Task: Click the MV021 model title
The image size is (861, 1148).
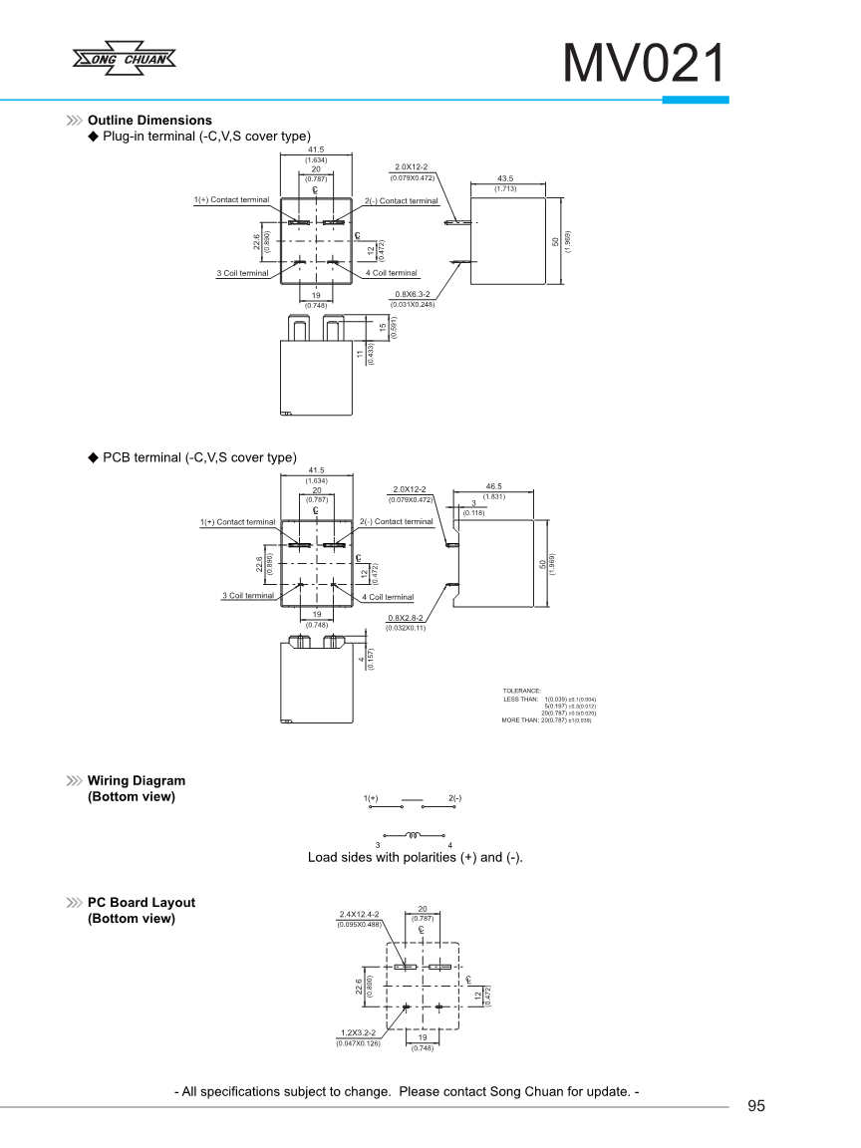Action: (x=644, y=66)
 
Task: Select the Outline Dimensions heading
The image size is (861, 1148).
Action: (x=149, y=121)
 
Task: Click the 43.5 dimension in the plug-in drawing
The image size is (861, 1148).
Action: (x=504, y=179)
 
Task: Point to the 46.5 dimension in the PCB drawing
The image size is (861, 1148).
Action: (x=493, y=485)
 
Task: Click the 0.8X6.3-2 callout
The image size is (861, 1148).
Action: (x=412, y=294)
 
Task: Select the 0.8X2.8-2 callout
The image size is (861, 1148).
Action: (x=405, y=619)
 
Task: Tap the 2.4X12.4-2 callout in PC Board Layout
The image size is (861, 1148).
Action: (x=359, y=914)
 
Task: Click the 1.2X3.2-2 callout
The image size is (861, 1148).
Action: (x=358, y=1033)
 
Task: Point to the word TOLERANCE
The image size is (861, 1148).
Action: (x=522, y=691)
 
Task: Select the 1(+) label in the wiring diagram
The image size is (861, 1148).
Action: (x=371, y=798)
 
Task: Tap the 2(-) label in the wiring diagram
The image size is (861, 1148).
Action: (x=454, y=798)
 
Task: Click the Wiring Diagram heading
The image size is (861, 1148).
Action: (x=137, y=780)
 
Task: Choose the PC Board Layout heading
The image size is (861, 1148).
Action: (x=142, y=903)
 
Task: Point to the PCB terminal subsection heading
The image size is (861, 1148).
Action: (x=199, y=457)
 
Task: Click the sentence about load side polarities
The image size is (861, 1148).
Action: (x=416, y=857)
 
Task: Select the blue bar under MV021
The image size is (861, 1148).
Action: (x=696, y=100)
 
